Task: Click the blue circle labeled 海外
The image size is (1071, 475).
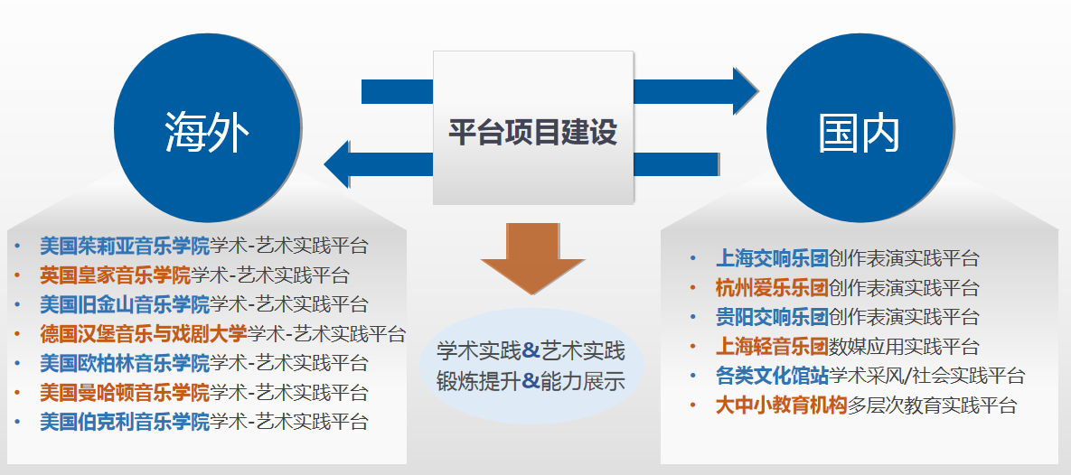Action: [x=207, y=127]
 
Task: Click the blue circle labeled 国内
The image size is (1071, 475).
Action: [x=860, y=127]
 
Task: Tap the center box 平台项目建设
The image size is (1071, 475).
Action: [x=532, y=127]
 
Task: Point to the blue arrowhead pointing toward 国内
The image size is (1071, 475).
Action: [x=746, y=91]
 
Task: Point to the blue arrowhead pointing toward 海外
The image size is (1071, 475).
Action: [x=337, y=164]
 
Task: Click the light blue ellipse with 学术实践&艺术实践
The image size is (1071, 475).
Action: [x=531, y=365]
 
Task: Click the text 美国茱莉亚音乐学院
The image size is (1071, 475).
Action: [x=125, y=245]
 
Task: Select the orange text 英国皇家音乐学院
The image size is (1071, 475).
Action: [x=115, y=275]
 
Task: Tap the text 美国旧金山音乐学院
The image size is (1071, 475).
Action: [x=125, y=303]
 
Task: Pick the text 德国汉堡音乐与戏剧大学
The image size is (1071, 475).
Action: [x=144, y=334]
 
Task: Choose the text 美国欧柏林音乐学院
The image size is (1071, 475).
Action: [x=125, y=362]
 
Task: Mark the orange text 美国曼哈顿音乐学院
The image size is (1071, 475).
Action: [x=125, y=393]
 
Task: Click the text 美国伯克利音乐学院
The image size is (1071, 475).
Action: [x=125, y=421]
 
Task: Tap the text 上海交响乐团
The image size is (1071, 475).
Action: [x=772, y=258]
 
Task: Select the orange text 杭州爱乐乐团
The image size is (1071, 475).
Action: [x=772, y=287]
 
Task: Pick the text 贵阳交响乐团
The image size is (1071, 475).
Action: [x=772, y=317]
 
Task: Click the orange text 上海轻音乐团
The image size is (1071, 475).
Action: [x=772, y=346]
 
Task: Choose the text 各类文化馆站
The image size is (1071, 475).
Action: [x=772, y=376]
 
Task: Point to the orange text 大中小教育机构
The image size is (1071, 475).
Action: [x=782, y=405]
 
